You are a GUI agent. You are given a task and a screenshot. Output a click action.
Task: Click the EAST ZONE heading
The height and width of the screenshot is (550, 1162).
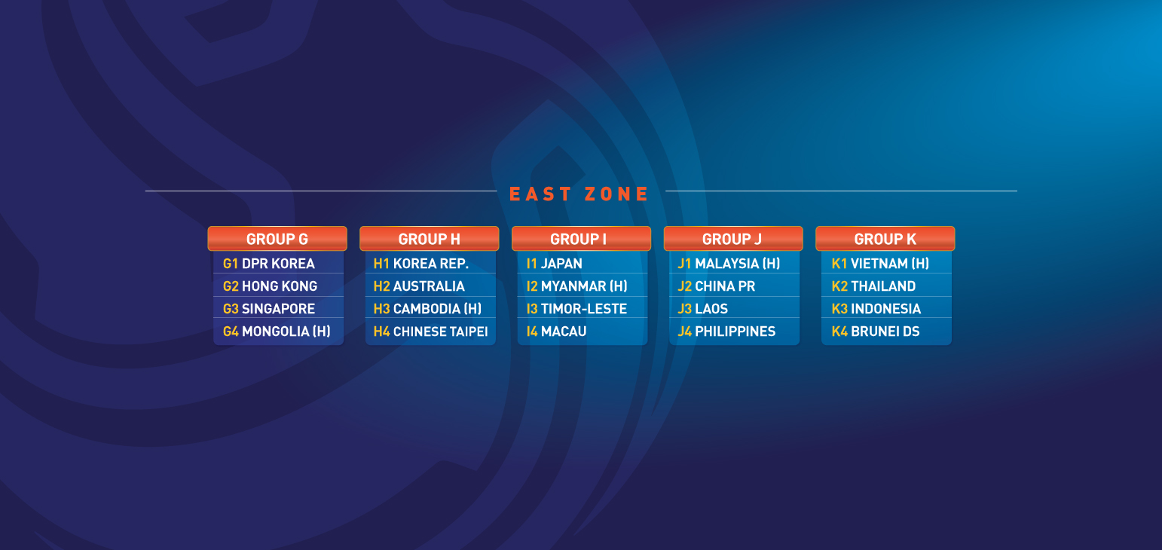click(579, 194)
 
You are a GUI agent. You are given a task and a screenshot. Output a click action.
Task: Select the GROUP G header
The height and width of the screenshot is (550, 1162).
click(277, 239)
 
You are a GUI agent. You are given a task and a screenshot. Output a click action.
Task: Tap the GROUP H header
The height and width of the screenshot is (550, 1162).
click(429, 239)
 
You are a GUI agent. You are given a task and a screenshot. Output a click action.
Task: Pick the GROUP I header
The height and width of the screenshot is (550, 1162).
click(581, 239)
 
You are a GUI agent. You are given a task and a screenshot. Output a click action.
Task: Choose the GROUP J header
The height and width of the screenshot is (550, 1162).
click(733, 239)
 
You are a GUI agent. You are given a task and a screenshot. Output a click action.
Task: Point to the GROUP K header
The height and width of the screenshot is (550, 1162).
click(885, 239)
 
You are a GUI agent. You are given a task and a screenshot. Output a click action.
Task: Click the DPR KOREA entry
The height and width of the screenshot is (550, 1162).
click(278, 264)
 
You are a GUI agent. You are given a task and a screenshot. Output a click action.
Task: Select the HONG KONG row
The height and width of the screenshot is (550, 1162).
click(280, 286)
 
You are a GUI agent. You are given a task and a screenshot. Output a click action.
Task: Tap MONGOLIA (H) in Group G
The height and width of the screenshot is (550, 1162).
click(286, 332)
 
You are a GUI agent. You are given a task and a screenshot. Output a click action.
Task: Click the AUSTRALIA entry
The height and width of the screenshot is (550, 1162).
click(429, 286)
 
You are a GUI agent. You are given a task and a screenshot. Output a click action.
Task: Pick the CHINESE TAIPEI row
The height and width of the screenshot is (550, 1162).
click(440, 332)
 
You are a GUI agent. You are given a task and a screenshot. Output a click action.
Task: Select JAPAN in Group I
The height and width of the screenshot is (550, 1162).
click(561, 264)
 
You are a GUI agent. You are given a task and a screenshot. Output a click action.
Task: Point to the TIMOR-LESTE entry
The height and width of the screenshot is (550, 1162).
click(583, 309)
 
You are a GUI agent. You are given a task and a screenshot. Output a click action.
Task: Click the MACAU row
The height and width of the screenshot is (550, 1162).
click(564, 332)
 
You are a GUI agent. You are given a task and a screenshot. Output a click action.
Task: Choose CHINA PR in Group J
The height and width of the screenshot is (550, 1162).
click(725, 286)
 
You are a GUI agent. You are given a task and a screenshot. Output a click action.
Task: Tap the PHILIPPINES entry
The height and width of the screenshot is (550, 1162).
click(735, 332)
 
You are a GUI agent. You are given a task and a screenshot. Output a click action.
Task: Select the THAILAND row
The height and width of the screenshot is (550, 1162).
click(883, 286)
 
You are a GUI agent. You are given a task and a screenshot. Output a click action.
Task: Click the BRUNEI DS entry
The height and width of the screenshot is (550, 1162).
click(885, 332)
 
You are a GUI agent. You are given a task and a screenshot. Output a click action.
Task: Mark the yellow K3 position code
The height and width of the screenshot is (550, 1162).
click(839, 309)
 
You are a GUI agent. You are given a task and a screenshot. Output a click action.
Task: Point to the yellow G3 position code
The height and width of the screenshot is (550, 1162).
click(231, 309)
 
